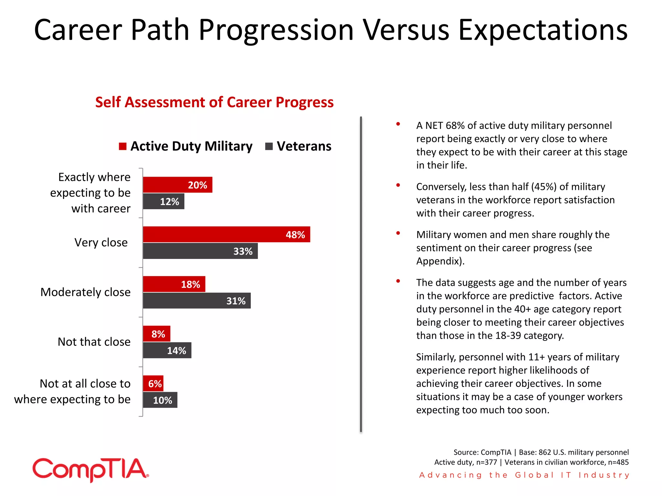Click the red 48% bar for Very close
226,234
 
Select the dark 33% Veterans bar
200,251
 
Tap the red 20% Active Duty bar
177,185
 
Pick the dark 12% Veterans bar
164,201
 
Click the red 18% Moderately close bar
174,284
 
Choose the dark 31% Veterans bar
197,301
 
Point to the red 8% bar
156,334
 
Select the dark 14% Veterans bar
167,350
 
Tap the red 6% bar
153,384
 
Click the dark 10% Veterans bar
160,400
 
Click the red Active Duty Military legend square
123,147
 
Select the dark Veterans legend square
269,147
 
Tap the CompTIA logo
91,470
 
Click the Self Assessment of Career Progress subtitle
214,102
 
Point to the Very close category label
101,243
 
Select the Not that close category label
94,342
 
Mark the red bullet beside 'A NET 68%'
398,124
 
